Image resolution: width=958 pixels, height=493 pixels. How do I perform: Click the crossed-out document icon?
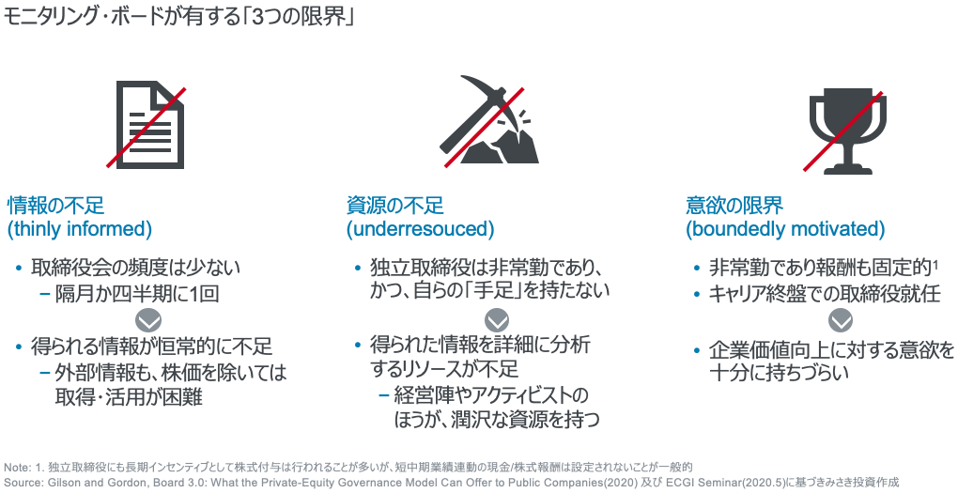click(x=147, y=125)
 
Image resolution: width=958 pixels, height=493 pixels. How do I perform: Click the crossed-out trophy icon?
click(x=843, y=131)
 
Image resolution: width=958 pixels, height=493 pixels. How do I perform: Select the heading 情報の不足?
click(x=55, y=205)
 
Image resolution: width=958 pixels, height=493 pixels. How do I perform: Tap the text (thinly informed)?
click(x=80, y=229)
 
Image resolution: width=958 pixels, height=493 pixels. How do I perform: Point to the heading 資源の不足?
click(x=394, y=205)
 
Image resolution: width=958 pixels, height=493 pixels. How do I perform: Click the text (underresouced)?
click(x=421, y=229)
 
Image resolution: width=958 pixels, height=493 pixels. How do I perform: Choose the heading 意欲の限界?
click(x=734, y=205)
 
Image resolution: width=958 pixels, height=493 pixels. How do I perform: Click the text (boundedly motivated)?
click(x=785, y=229)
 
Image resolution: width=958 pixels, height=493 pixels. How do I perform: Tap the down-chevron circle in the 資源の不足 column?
click(x=497, y=321)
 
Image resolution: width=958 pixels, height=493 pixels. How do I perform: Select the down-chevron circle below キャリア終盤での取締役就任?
click(x=841, y=321)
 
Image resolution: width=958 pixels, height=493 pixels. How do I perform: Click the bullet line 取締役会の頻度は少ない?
click(x=135, y=267)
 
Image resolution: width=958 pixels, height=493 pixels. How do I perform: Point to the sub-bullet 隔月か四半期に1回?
click(x=137, y=294)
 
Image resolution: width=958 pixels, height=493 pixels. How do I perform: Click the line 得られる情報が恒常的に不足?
click(x=151, y=347)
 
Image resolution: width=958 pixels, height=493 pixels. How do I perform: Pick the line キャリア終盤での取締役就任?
click(x=825, y=294)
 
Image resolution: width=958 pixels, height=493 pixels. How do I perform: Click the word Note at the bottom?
click(x=15, y=468)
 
